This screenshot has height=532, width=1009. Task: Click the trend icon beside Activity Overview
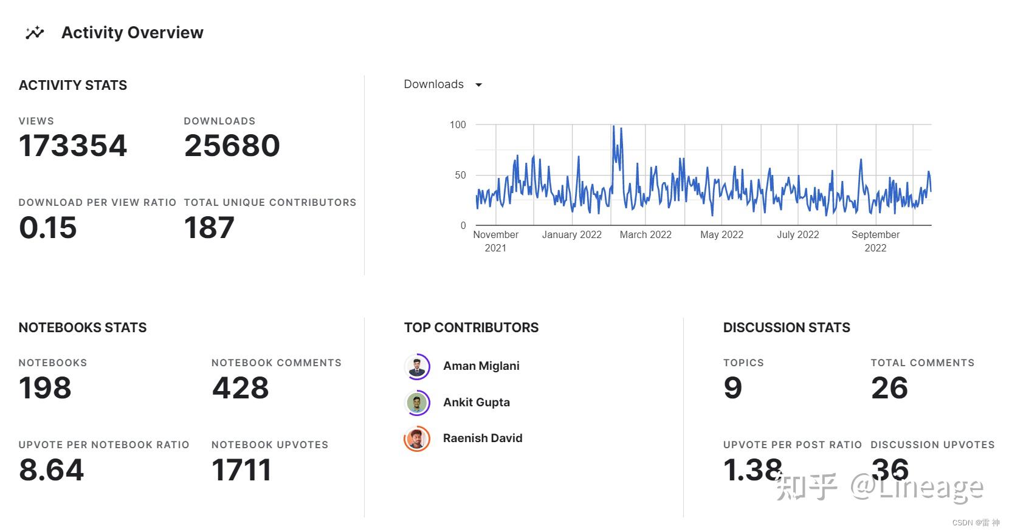pyautogui.click(x=35, y=33)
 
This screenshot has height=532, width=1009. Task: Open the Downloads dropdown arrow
pyautogui.click(x=478, y=85)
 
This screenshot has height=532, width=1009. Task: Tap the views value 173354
pyautogui.click(x=73, y=146)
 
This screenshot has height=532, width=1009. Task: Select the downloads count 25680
pyautogui.click(x=232, y=146)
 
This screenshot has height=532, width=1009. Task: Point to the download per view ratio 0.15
pyautogui.click(x=48, y=228)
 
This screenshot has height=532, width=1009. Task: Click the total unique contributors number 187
pyautogui.click(x=209, y=228)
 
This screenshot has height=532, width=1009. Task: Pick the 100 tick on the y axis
pyautogui.click(x=458, y=124)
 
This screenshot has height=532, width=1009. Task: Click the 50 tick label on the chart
pyautogui.click(x=460, y=175)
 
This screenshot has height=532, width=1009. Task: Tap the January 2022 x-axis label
pyautogui.click(x=571, y=234)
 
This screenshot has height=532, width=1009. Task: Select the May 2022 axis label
pyautogui.click(x=721, y=234)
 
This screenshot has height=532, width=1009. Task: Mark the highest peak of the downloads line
pyautogui.click(x=613, y=126)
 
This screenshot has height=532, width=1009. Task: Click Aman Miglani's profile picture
pyautogui.click(x=417, y=367)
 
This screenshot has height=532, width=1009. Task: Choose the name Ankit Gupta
pyautogui.click(x=477, y=402)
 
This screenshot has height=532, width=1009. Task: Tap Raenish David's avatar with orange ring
pyautogui.click(x=417, y=438)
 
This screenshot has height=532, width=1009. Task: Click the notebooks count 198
pyautogui.click(x=45, y=388)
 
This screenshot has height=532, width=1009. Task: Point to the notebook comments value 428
pyautogui.click(x=241, y=388)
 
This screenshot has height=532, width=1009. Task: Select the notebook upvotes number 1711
pyautogui.click(x=241, y=470)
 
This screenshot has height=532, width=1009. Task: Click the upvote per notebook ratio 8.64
pyautogui.click(x=52, y=470)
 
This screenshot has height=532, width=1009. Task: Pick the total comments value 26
pyautogui.click(x=889, y=388)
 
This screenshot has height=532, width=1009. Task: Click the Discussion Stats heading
pyautogui.click(x=787, y=328)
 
